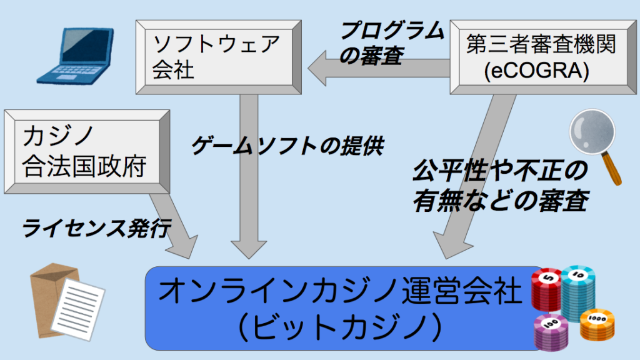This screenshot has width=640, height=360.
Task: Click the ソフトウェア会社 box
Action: [219, 57]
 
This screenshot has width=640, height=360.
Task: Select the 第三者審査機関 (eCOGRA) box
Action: [543, 57]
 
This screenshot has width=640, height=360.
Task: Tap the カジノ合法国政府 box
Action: [87, 151]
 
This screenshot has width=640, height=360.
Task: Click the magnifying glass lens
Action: [592, 131]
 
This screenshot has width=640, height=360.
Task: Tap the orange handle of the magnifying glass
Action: [612, 169]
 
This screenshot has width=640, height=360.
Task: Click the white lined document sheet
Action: [78, 309]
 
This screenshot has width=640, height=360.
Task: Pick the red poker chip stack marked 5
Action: [547, 290]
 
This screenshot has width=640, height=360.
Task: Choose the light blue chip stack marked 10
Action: [577, 292]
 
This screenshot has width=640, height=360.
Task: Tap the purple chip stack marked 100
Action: [551, 332]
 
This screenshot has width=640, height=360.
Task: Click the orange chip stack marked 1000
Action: [597, 324]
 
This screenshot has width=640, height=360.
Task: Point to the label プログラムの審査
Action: [392, 43]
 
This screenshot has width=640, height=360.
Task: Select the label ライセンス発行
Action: [96, 227]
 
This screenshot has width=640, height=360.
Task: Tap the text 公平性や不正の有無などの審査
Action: [501, 186]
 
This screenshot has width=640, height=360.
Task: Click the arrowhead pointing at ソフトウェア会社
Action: [317, 68]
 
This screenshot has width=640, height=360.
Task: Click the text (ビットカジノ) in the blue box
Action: [340, 326]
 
